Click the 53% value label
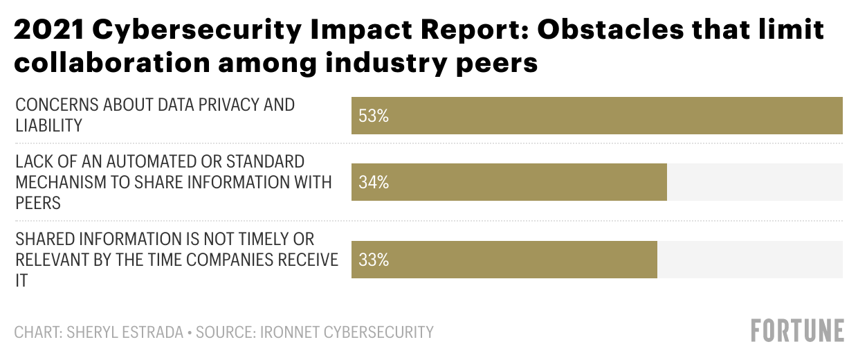click(x=374, y=116)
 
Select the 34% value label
click(x=374, y=183)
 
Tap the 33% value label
click(x=374, y=260)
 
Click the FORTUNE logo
click(x=798, y=330)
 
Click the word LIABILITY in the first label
click(x=49, y=125)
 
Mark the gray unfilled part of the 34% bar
click(x=754, y=183)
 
